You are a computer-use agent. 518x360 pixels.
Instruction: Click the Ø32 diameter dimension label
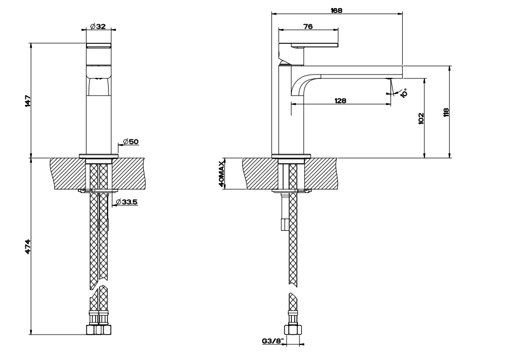pos(98,26)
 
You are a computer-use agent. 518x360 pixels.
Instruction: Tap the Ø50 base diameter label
pos(130,142)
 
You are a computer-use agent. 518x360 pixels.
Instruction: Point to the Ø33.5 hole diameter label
pos(128,203)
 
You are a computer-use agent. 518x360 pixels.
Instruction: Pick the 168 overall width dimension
pos(336,10)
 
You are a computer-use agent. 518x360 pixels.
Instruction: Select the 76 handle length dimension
pos(308,26)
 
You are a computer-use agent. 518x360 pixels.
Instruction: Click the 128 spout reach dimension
pos(340,101)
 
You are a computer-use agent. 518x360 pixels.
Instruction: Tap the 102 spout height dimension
pos(421,118)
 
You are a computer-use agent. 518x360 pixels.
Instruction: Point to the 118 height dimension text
pos(446,112)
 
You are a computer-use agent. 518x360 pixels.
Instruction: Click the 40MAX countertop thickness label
pos(222,174)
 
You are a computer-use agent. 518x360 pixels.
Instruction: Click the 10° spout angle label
pos(404,92)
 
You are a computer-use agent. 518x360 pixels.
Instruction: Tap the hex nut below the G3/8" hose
pos(293,330)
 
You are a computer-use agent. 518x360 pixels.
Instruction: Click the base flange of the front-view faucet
pos(98,156)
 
